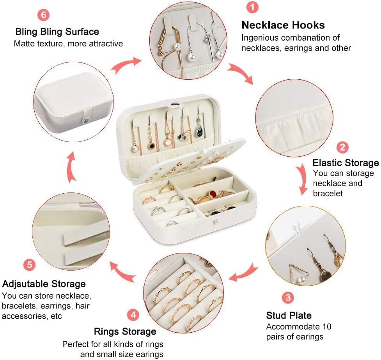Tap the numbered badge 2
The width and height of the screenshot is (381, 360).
pos(343,147)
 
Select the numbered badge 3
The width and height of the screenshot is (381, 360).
pos(288,298)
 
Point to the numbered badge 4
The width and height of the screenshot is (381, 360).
pos(133,315)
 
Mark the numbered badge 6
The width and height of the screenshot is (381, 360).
pos(43,14)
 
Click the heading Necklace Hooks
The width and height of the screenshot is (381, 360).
pos(283,25)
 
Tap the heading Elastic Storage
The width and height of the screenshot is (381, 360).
pos(346,163)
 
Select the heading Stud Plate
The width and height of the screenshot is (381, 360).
pos(289,315)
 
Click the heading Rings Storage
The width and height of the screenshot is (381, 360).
pos(125,332)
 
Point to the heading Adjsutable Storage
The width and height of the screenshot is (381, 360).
pos(44,283)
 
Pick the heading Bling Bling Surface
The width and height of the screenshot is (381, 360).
pos(57,31)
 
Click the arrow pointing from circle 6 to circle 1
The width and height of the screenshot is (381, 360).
pos(126,65)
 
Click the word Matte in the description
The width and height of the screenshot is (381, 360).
pos(24,43)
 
